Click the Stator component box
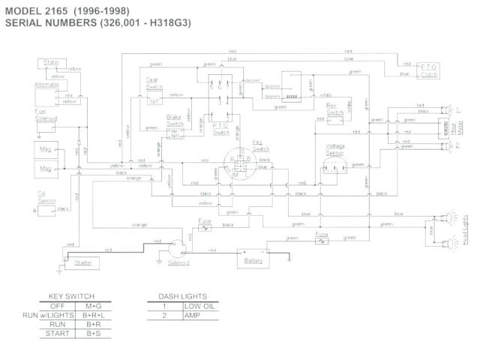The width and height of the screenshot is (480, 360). pos(52,62)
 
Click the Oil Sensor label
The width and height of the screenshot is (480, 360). pos(47,196)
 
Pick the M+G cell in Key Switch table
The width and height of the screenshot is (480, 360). pos(94,306)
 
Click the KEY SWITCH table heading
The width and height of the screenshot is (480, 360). pos(70,296)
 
